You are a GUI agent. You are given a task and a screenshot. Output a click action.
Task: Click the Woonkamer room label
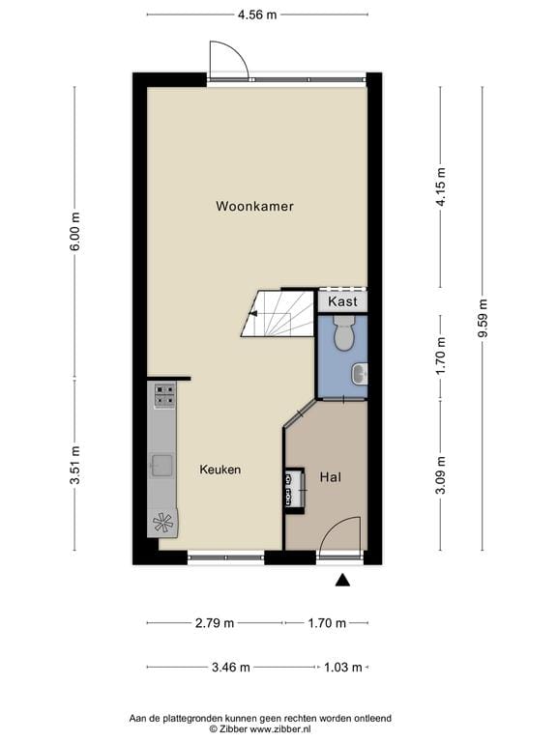(254, 206)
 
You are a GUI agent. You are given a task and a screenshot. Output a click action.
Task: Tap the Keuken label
(220, 470)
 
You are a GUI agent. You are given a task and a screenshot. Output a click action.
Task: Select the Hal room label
(330, 477)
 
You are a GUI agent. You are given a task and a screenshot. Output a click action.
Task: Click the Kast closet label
(342, 301)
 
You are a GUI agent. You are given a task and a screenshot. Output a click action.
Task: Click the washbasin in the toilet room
(360, 373)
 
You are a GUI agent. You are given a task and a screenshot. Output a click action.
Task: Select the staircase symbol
(279, 313)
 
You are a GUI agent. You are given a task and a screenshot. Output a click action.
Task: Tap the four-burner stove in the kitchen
(164, 395)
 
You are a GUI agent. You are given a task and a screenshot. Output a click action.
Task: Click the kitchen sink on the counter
(161, 466)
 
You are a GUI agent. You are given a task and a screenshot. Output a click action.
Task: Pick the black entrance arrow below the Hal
(341, 580)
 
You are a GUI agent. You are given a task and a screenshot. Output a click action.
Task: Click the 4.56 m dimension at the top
(256, 14)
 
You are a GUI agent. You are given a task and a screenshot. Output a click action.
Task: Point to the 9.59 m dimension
(483, 318)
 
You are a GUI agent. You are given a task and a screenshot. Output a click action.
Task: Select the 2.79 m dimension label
(214, 623)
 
